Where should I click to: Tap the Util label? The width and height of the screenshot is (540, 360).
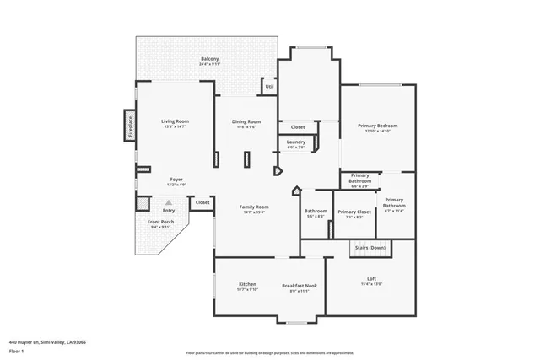[269, 86]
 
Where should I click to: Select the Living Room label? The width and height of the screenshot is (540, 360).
[175, 121]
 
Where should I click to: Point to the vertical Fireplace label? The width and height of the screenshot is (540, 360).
[131, 126]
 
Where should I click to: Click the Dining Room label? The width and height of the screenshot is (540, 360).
[246, 121]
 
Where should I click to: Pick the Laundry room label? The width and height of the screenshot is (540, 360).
[296, 142]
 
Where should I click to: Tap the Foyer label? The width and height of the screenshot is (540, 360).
[176, 179]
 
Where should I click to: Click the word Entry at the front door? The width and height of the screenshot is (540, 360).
[169, 211]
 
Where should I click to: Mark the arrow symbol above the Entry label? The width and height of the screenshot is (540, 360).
[169, 202]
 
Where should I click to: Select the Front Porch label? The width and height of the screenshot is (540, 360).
[160, 222]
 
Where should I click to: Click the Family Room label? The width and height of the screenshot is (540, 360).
[253, 207]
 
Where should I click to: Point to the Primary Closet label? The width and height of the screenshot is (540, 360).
[354, 212]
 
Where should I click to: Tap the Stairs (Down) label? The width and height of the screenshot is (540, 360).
[370, 247]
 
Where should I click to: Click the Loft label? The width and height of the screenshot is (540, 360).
[371, 279]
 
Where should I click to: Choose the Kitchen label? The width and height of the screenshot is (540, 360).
[247, 284]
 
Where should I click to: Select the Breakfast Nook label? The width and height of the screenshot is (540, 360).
[300, 284]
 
